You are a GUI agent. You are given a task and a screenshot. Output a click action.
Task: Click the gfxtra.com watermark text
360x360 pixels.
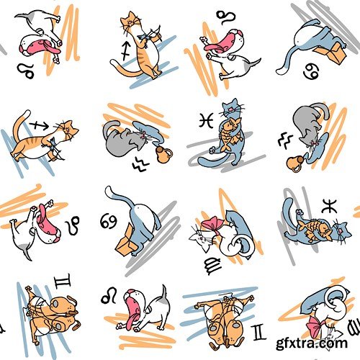(312, 343)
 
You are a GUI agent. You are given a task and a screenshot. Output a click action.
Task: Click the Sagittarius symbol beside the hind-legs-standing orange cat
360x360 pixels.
(126, 51)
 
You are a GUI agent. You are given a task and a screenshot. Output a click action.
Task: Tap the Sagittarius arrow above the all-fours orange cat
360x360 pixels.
(39, 125)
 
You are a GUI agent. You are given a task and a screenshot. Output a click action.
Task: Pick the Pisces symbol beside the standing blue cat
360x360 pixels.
(206, 120)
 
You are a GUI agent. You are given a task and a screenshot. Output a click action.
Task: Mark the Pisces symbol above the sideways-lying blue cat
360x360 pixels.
(330, 206)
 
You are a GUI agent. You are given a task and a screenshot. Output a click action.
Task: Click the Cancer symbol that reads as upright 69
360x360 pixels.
(109, 221)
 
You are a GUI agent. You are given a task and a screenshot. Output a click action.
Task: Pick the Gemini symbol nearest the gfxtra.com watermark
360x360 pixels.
(260, 332)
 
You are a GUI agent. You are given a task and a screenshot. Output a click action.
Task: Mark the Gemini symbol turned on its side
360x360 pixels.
(63, 281)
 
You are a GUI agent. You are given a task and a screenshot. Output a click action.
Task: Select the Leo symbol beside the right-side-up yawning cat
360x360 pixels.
(109, 296)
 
